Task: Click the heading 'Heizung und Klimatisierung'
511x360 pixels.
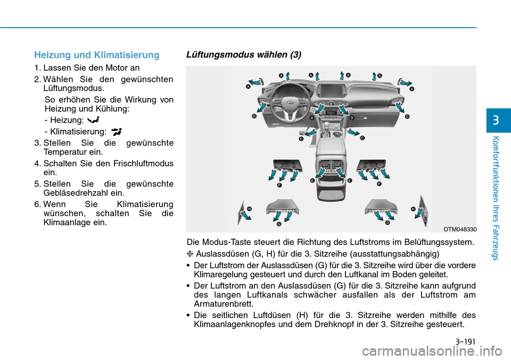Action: [96, 55]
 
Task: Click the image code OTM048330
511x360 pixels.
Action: [460, 229]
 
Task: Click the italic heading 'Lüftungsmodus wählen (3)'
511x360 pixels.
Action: [243, 55]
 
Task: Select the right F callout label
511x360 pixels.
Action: [380, 184]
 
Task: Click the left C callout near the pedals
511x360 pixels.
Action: [301, 138]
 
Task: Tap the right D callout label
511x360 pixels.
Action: [407, 116]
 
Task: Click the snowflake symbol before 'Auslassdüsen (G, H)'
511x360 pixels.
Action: [190, 253]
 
